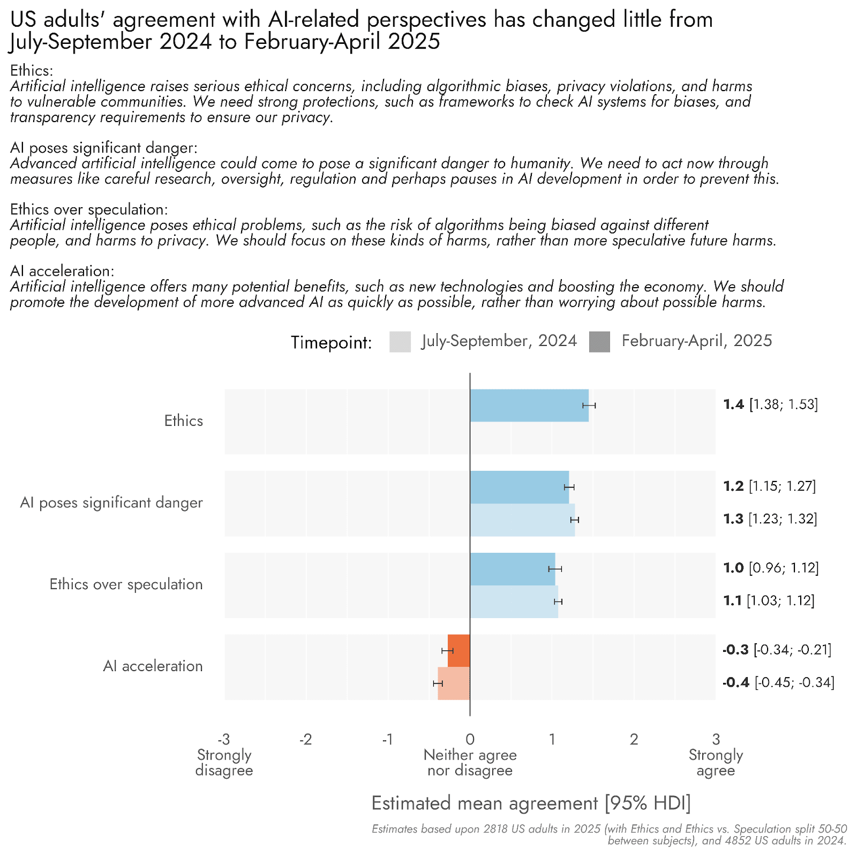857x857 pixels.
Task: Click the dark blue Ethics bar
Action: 529,405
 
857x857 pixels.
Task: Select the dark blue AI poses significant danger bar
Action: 519,487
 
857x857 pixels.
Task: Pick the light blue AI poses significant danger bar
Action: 522,520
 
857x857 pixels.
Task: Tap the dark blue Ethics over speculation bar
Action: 512,569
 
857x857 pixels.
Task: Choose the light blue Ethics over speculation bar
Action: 513,602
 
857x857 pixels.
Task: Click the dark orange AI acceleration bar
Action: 459,650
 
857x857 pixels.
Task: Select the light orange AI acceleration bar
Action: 454,683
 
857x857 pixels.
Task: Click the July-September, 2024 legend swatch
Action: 400,342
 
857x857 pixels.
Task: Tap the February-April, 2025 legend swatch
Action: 599,342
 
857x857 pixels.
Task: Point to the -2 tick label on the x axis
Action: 305,740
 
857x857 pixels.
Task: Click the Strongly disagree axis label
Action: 224,763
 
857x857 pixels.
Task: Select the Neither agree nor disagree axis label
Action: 470,763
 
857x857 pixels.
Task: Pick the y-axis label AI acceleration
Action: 153,666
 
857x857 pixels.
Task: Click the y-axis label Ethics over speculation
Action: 126,584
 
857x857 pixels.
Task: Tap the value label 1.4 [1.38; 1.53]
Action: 770,404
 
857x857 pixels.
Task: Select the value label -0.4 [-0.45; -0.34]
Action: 778,683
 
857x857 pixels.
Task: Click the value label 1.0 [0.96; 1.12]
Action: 771,568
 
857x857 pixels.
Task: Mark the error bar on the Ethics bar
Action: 589,405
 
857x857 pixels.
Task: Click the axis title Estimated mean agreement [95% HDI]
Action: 531,803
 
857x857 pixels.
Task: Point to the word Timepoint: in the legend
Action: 331,342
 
